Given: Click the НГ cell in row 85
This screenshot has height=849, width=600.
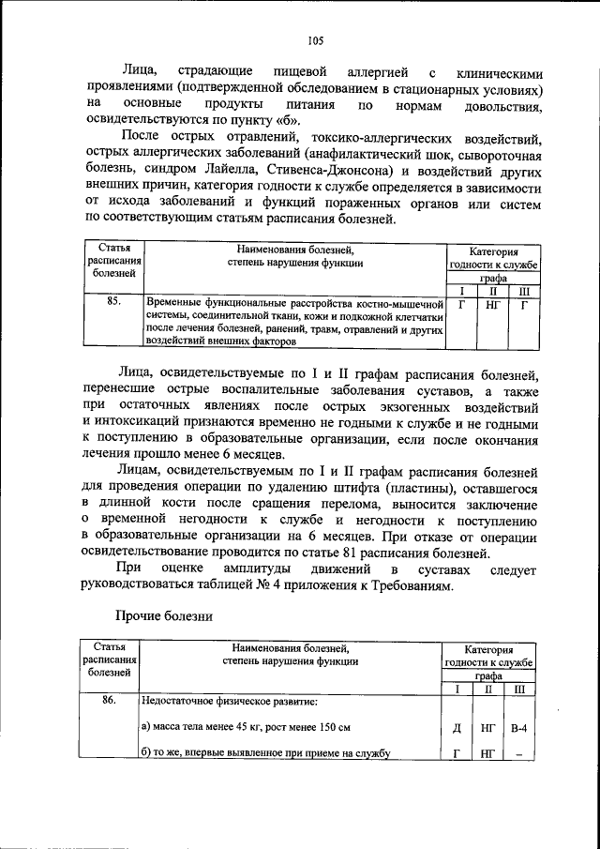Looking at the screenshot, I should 492,304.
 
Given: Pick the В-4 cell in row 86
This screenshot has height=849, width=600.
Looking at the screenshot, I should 519,727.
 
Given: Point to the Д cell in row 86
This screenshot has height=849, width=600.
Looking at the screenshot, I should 457,727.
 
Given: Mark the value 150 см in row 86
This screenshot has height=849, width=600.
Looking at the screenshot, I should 331,727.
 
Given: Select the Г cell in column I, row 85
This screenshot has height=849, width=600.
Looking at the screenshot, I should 461,304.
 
